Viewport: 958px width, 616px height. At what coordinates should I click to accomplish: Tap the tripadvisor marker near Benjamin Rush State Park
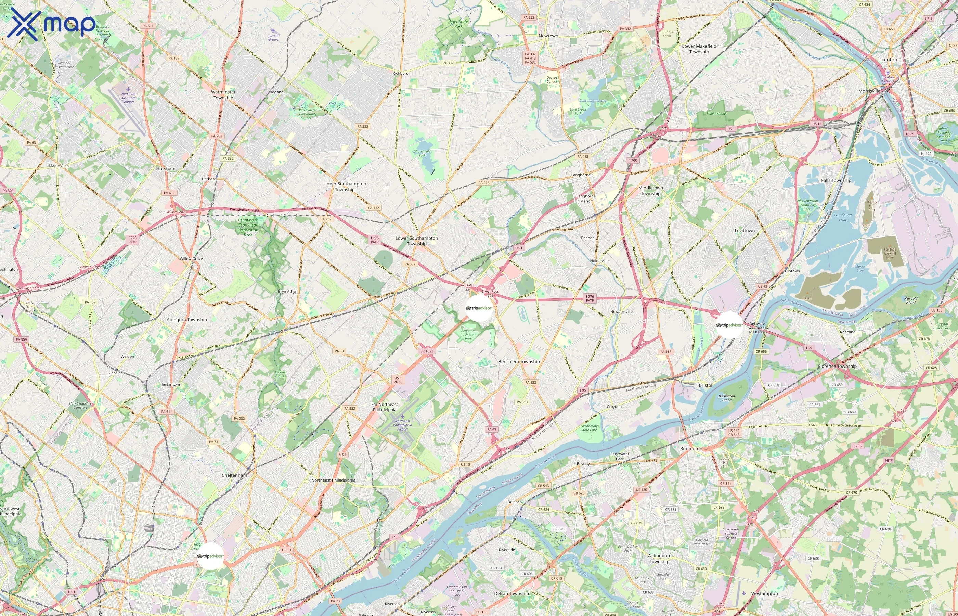coord(479,308)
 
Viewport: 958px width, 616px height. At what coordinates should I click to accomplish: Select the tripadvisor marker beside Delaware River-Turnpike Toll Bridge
coord(729,325)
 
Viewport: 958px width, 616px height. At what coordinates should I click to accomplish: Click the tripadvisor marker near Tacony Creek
coord(210,556)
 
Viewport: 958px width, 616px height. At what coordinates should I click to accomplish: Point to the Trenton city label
coord(888,60)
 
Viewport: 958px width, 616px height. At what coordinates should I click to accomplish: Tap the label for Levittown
coord(745,231)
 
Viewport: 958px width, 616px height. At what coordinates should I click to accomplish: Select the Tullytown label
coord(791,271)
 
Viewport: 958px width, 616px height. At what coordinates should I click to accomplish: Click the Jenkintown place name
coord(171,384)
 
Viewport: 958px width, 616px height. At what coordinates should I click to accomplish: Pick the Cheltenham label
coord(234,475)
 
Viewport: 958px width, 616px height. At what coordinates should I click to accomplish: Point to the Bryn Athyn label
coord(287,292)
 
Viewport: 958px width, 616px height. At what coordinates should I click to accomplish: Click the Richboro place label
coord(400,73)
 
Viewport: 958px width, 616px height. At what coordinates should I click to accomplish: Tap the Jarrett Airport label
coord(273,37)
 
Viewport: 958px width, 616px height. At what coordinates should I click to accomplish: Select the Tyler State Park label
coord(458,24)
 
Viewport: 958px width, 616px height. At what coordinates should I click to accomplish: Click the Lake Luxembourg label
coord(593,101)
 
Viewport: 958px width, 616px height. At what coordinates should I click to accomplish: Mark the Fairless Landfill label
coord(890,253)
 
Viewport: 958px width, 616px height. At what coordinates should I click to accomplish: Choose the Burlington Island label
coord(726,398)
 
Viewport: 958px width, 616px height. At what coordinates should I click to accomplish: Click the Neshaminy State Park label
coord(589,428)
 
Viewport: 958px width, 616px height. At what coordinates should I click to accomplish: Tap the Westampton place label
coord(764,594)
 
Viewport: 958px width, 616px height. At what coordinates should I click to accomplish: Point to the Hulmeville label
coord(599,261)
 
